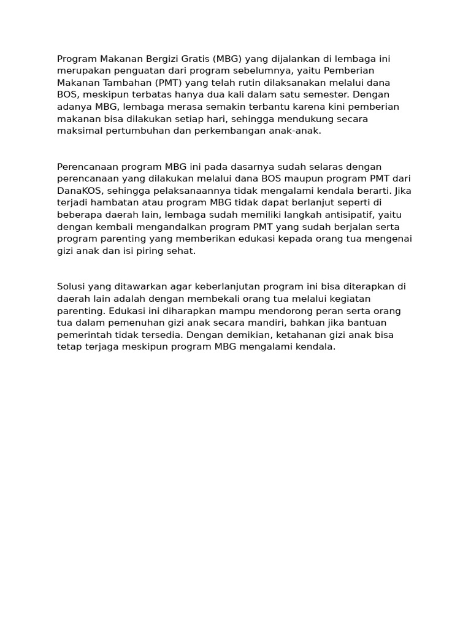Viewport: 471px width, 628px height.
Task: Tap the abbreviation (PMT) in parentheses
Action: point(172,83)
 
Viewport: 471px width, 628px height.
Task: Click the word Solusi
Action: point(71,286)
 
